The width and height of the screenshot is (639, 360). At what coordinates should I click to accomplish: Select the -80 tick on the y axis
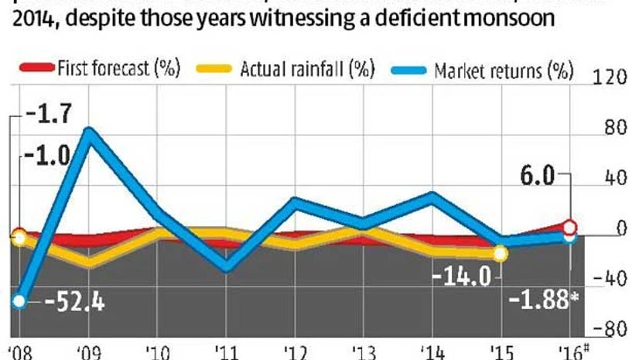(608, 328)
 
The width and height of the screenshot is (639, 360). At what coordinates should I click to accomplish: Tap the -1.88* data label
(545, 301)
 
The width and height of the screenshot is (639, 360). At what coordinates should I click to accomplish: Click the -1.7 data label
(46, 117)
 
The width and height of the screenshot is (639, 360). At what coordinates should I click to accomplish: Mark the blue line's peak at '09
(90, 132)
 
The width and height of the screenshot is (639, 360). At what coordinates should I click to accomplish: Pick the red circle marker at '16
(570, 227)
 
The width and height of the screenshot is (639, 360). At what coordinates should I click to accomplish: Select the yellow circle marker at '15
(500, 253)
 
